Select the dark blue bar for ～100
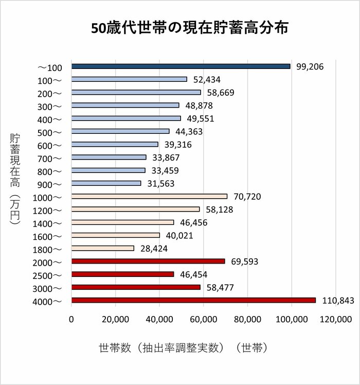click(x=181, y=66)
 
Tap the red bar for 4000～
click(x=193, y=301)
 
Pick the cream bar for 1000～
click(x=149, y=196)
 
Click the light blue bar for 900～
click(x=106, y=183)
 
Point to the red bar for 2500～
click(x=122, y=274)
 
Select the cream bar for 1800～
click(x=102, y=248)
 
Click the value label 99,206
click(x=310, y=67)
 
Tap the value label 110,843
click(x=338, y=301)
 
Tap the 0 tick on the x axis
click(x=71, y=320)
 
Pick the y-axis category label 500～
click(x=49, y=132)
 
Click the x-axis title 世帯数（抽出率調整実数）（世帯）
click(x=183, y=348)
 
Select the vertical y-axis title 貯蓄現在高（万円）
click(x=15, y=178)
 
